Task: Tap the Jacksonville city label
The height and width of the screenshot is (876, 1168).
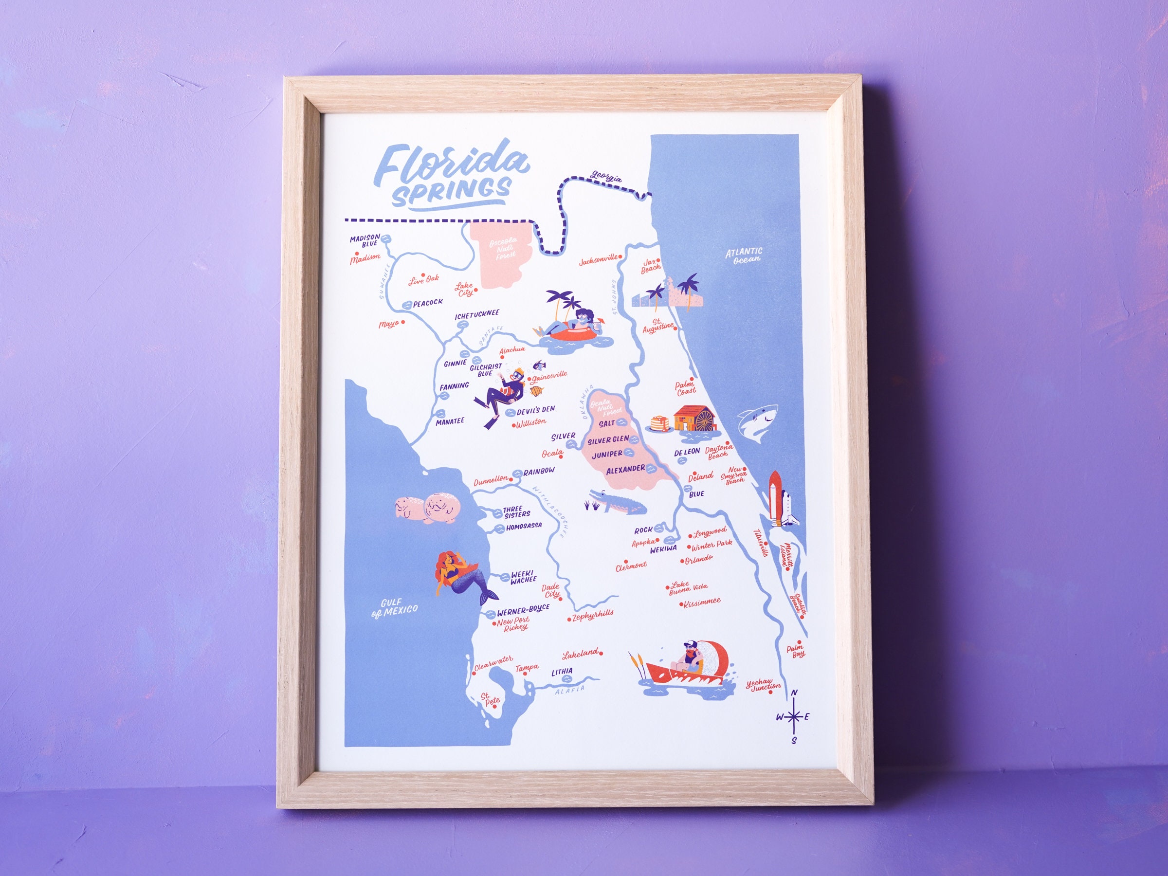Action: (598, 260)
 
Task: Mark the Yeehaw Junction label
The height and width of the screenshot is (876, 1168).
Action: (763, 685)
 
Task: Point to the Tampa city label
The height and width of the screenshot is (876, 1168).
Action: (527, 668)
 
